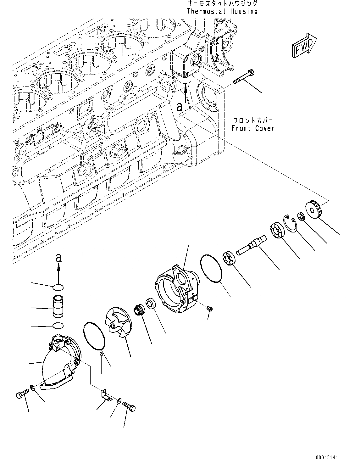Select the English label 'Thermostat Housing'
coord(222,11)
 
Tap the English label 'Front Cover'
coord(253,128)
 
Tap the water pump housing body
coord(176,289)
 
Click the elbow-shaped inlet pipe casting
coord(61,362)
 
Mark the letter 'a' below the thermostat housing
coord(180,107)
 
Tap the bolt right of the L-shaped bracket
coord(129,406)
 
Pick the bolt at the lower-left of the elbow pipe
coord(22,394)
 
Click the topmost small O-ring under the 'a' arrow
coord(58,287)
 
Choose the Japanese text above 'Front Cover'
coord(253,120)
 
